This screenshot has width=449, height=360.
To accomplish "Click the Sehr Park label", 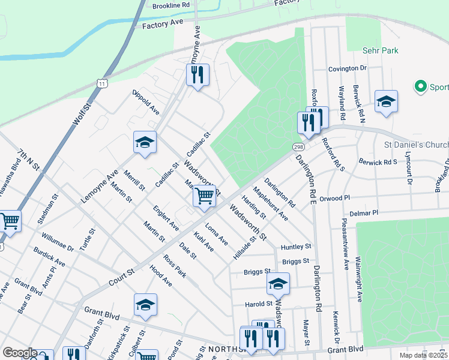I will pyautogui.click(x=381, y=50).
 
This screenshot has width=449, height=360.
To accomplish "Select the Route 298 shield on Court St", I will pyautogui.click(x=298, y=147).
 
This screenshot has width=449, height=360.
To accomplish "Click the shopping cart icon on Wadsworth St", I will pyautogui.click(x=205, y=196).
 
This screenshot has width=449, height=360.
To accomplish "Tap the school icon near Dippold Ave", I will pyautogui.click(x=145, y=142).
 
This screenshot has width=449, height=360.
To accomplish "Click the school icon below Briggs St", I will pyautogui.click(x=278, y=284).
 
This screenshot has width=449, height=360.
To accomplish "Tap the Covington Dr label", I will pyautogui.click(x=347, y=68).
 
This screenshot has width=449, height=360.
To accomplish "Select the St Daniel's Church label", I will pyautogui.click(x=416, y=145).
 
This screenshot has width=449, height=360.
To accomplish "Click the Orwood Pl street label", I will pyautogui.click(x=334, y=198).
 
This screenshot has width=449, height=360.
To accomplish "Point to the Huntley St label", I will pyautogui.click(x=297, y=246).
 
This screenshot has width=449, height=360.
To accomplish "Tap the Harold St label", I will pyautogui.click(x=259, y=304).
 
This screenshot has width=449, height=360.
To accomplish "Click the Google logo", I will pyautogui.click(x=20, y=353).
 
